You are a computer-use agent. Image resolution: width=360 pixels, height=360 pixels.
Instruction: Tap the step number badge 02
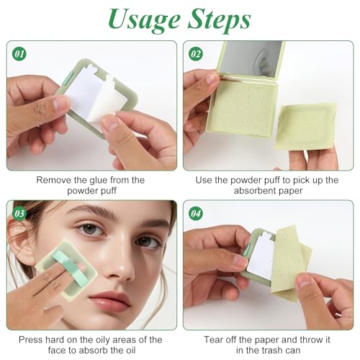click(195, 53)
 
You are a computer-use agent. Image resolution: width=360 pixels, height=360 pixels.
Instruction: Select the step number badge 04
click(195, 213)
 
